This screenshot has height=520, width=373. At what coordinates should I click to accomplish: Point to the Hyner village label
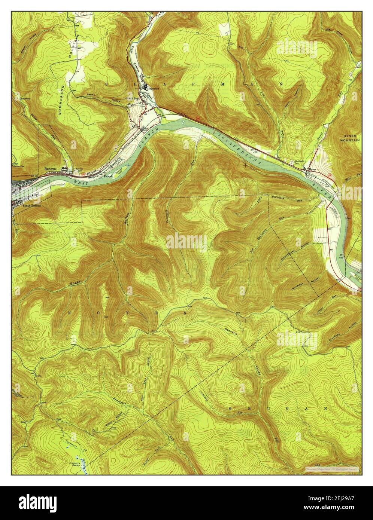click(x=312, y=169)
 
